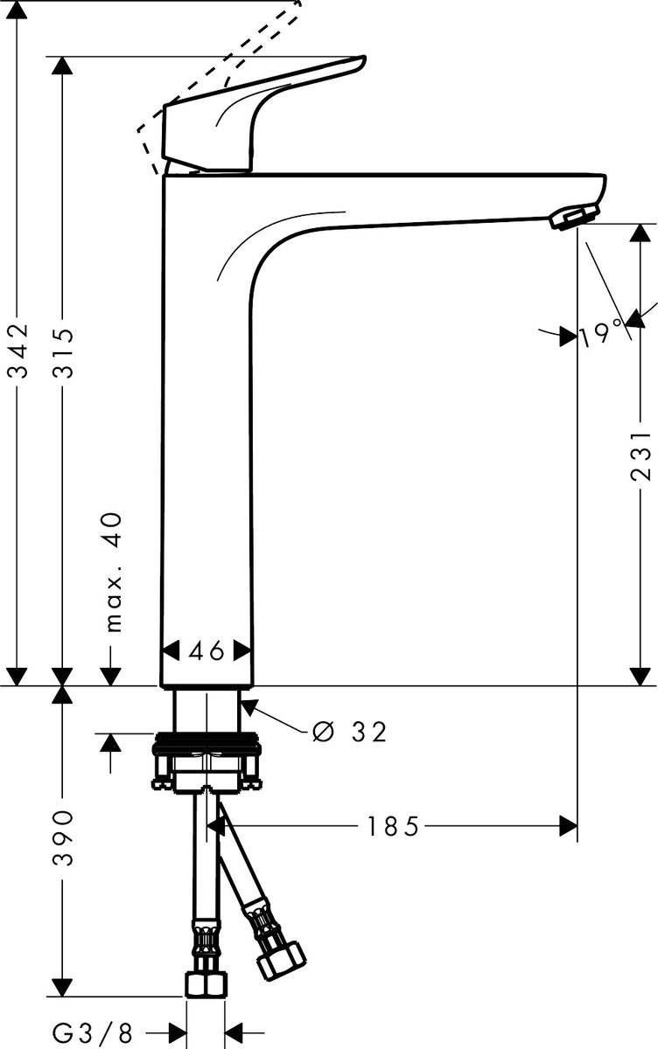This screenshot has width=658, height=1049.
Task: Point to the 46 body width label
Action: [x=207, y=651]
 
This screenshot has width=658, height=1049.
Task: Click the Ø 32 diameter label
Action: [x=349, y=732]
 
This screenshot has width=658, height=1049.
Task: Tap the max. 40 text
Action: [x=112, y=572]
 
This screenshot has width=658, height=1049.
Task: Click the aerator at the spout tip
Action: [x=573, y=216]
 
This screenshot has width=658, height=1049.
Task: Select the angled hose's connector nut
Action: [x=280, y=959]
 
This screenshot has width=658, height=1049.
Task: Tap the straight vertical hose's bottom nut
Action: [x=206, y=983]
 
